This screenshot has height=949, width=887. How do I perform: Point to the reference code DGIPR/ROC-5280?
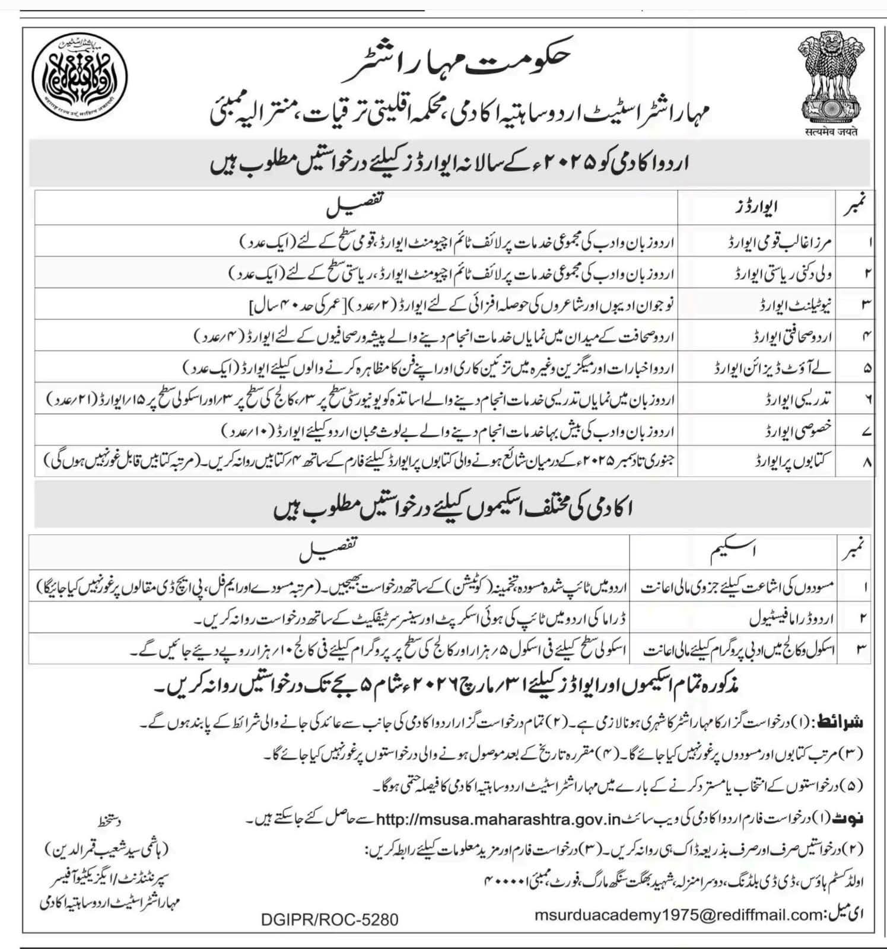point(329,920)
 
